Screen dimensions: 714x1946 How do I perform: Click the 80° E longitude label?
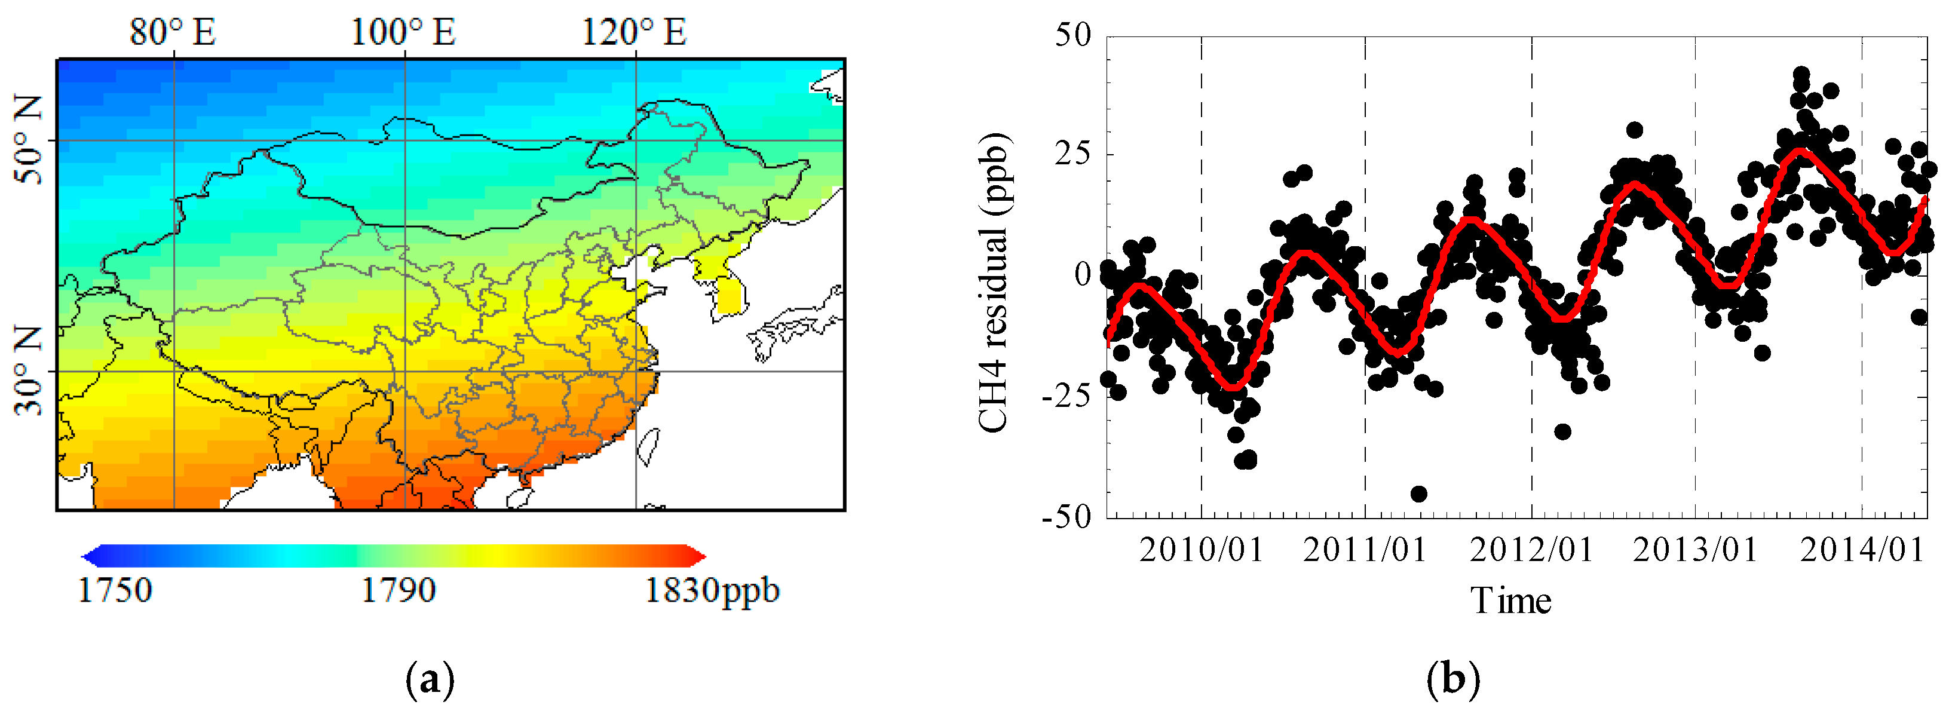pos(173,32)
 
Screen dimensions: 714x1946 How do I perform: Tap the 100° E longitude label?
pos(403,32)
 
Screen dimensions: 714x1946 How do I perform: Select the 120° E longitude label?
pos(634,32)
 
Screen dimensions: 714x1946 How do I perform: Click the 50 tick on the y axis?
pos(1072,35)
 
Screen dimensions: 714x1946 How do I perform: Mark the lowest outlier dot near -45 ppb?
pos(1418,494)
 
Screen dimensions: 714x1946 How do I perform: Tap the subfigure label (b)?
pos(1452,679)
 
